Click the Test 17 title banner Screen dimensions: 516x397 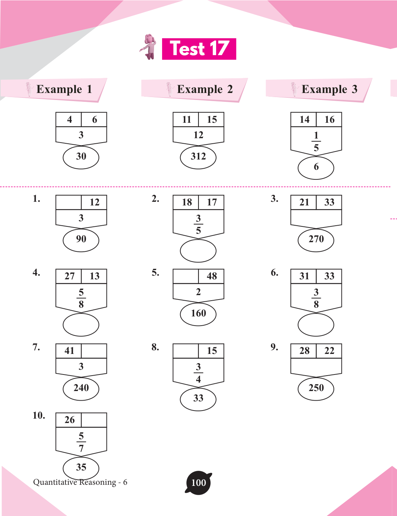(199, 49)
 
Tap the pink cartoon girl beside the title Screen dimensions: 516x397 (149, 47)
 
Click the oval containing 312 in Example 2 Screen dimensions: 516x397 (198, 157)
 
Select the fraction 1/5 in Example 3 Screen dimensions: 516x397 (316, 141)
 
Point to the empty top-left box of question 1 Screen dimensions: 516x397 (68, 203)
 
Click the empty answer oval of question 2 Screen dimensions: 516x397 (198, 251)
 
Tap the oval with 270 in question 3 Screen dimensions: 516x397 (316, 240)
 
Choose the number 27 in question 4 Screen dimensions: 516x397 (69, 276)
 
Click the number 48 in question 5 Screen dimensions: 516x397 (212, 276)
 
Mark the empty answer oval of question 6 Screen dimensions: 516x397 (316, 325)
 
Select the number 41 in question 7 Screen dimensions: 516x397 (69, 351)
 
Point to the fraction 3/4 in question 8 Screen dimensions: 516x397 (198, 373)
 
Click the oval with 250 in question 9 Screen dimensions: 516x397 (316, 388)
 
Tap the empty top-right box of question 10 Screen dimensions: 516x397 (94, 420)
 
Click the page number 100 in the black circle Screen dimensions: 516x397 (198, 483)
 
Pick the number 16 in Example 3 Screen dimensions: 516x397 (329, 120)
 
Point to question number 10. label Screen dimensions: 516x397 (39, 416)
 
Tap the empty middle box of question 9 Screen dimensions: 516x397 (316, 366)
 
